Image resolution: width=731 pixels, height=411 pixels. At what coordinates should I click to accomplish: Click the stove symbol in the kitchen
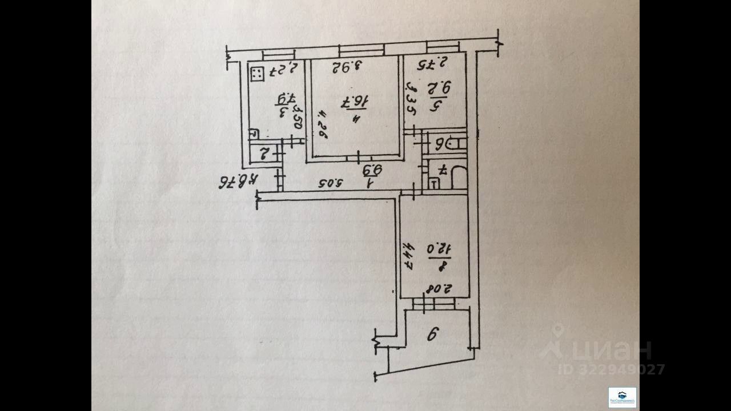(x=257, y=74)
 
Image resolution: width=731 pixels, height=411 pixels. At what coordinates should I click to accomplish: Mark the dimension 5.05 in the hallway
(x=331, y=184)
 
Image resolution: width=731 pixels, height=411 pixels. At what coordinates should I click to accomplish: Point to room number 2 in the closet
(x=265, y=153)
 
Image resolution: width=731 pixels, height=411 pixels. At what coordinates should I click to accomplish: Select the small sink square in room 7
(x=434, y=183)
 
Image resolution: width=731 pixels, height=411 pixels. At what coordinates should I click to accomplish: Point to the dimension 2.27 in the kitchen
(x=281, y=70)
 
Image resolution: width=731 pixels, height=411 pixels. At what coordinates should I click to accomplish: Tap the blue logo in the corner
(x=622, y=397)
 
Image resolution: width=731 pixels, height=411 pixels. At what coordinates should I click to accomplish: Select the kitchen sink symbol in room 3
(x=254, y=134)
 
